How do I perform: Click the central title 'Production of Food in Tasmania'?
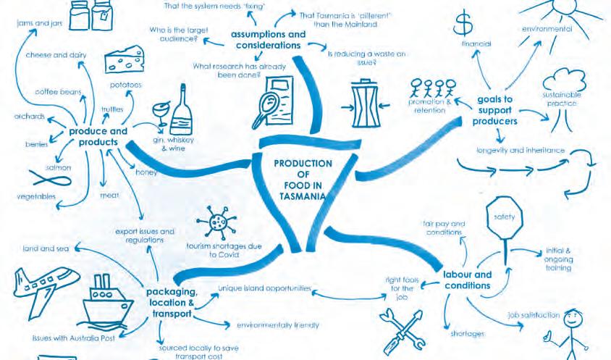coord(303,180)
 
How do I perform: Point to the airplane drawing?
coord(40,285)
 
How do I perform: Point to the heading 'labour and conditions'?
coord(467,280)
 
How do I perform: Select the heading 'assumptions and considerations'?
coord(268,39)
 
